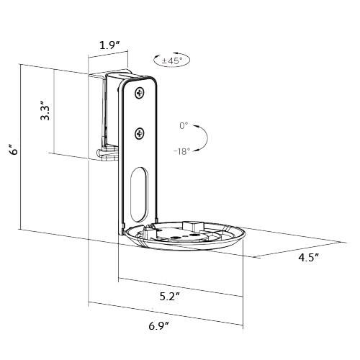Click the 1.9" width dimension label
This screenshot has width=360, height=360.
tap(109, 45)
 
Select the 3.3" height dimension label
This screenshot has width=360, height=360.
tap(45, 112)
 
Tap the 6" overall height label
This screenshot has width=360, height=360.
tap(12, 149)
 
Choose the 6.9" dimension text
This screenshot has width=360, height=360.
tap(158, 326)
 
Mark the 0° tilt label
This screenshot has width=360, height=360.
tap(184, 125)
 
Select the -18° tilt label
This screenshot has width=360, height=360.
tap(181, 152)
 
